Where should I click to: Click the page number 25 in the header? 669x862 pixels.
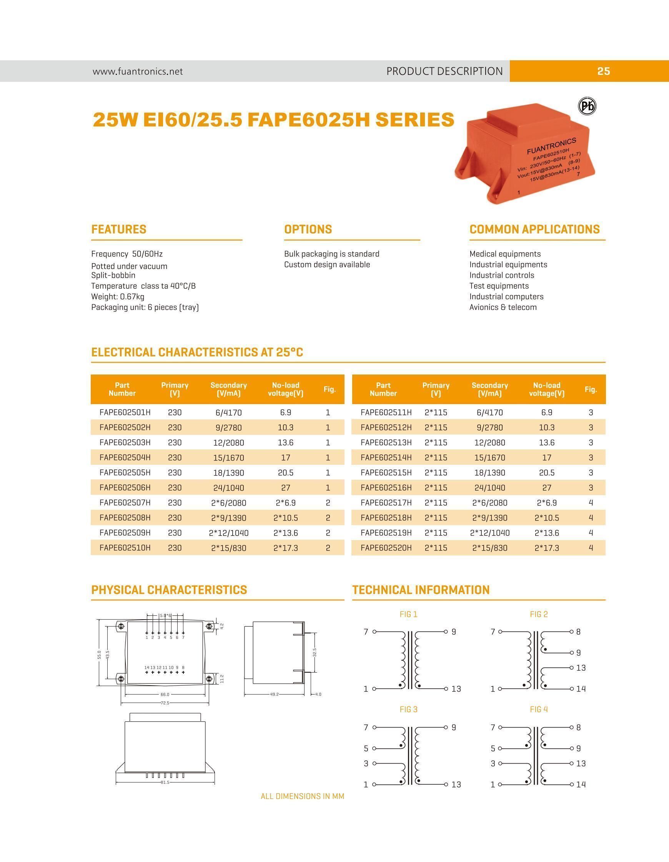click(x=603, y=71)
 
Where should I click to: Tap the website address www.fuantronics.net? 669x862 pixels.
click(x=138, y=71)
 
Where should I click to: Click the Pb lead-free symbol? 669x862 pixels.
click(x=587, y=106)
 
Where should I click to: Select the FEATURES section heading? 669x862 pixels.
click(x=118, y=229)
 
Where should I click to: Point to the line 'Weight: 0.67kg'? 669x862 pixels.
click(x=118, y=297)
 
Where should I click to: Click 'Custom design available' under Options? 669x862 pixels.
click(x=327, y=264)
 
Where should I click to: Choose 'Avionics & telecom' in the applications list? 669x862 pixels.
click(x=503, y=307)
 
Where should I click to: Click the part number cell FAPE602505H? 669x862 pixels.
click(x=125, y=472)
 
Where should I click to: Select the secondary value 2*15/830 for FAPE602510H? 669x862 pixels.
click(x=228, y=548)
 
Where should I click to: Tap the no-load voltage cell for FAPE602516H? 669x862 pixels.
click(x=546, y=487)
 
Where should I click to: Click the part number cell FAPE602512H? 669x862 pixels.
click(x=386, y=428)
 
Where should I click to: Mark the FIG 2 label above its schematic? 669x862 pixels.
click(x=539, y=614)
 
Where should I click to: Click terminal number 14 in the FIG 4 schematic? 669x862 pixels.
click(x=581, y=785)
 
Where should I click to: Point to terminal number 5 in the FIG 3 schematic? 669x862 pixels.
click(x=366, y=748)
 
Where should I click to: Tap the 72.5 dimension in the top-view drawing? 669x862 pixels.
click(x=165, y=703)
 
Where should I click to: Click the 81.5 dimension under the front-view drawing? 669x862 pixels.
click(x=165, y=782)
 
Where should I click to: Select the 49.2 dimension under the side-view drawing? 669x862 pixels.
click(x=274, y=694)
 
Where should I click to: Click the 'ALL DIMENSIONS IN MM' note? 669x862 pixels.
click(x=302, y=796)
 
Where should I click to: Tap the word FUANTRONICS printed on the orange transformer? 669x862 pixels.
click(x=551, y=146)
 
